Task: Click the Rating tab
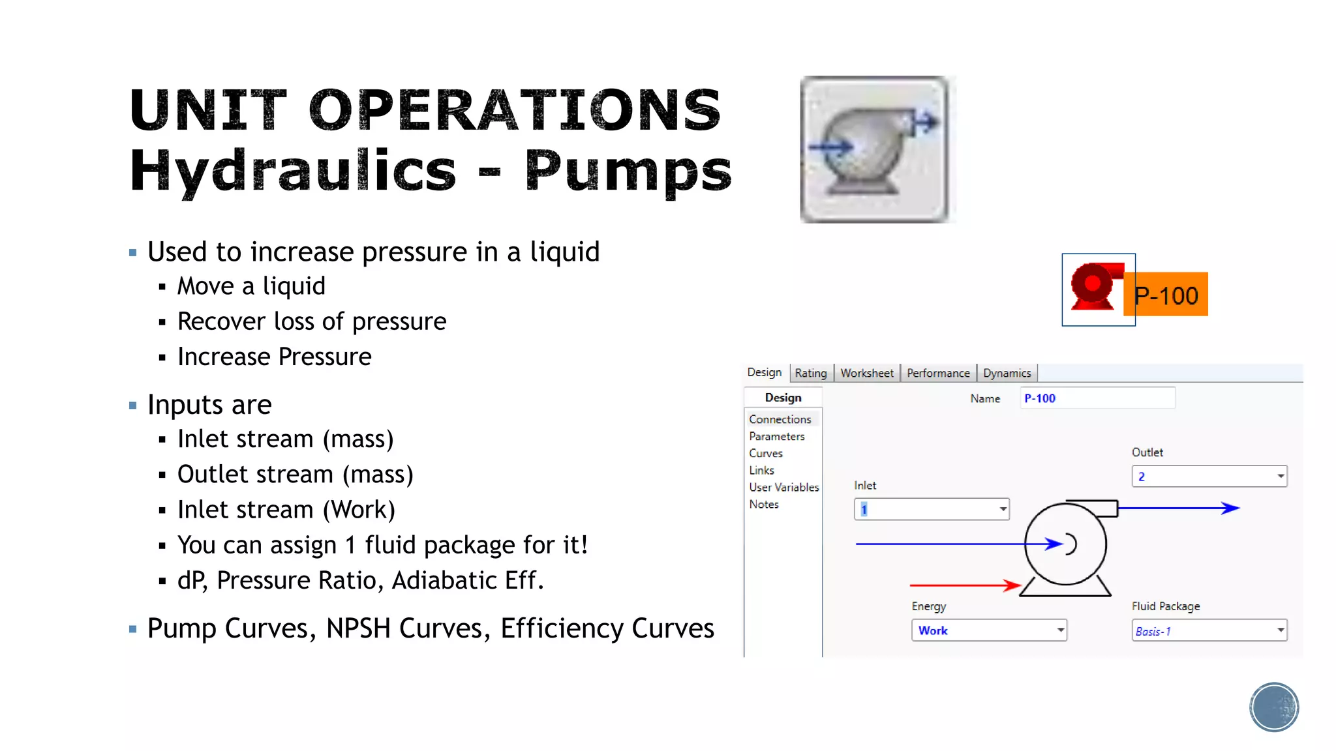811,373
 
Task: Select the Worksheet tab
866,373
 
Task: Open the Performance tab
938,373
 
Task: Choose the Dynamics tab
1007,373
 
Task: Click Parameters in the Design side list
776,436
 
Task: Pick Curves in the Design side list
766,453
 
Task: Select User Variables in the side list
783,487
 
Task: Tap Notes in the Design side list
764,504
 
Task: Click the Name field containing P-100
1097,398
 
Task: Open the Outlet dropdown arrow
1280,477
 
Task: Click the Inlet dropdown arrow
1003,509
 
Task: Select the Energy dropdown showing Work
988,630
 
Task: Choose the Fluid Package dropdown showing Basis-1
1209,630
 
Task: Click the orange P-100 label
1166,295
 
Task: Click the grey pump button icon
875,149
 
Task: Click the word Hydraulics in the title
293,171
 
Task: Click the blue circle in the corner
1273,707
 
